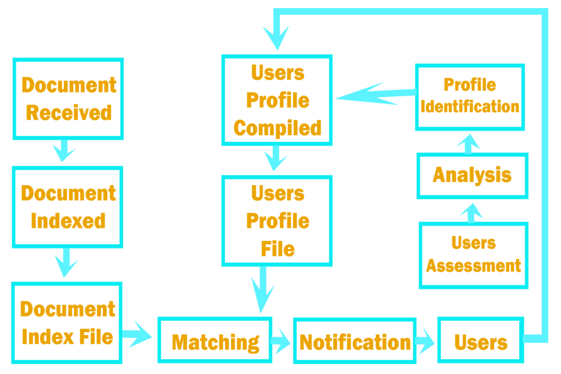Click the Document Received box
point(68,99)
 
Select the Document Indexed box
point(67,207)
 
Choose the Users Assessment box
point(473,255)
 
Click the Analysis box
point(472,175)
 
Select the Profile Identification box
point(470,96)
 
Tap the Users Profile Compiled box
point(277,100)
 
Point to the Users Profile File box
point(277,221)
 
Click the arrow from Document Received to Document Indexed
point(64,151)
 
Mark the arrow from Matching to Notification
point(282,341)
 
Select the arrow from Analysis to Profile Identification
point(468,142)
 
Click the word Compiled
point(277,128)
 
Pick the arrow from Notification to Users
point(425,341)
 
